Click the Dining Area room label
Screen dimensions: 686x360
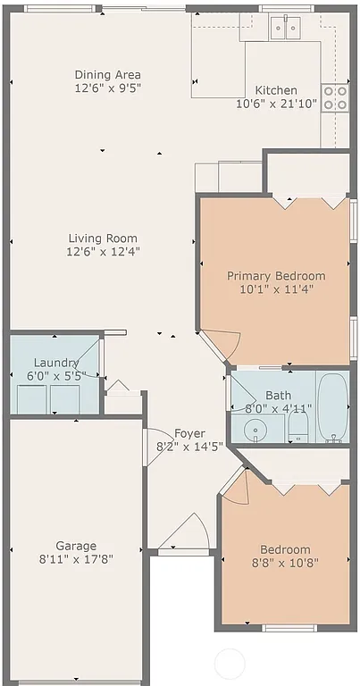click(x=108, y=75)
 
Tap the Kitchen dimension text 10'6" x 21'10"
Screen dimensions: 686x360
click(x=276, y=105)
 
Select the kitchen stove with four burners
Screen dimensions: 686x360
click(x=334, y=97)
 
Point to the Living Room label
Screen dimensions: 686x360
click(x=103, y=238)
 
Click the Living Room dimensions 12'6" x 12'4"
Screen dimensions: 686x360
click(x=103, y=251)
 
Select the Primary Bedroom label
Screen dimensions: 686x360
click(x=276, y=275)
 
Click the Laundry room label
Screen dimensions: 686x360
click(x=56, y=363)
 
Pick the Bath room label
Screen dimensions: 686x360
click(x=278, y=396)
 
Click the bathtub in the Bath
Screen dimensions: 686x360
click(x=332, y=406)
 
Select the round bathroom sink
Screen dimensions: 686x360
click(x=256, y=430)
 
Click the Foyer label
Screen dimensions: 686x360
click(x=189, y=433)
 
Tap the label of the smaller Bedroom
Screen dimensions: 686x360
click(x=285, y=549)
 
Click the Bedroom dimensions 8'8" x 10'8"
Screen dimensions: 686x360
click(x=285, y=563)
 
